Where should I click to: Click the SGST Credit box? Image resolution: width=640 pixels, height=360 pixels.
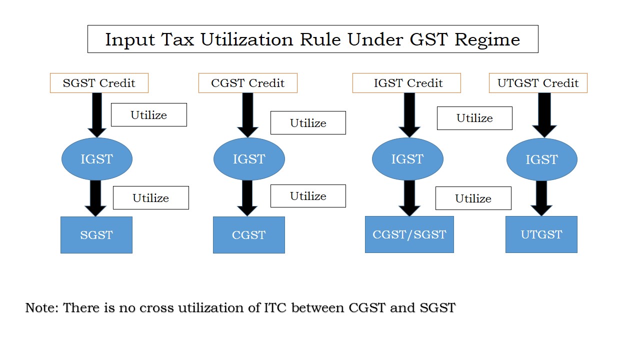(x=99, y=83)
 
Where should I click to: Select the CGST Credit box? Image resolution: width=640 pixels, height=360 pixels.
(x=247, y=83)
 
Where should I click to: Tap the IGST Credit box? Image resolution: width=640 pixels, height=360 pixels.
(x=406, y=83)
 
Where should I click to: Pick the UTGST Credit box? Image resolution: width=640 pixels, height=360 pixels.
(x=538, y=83)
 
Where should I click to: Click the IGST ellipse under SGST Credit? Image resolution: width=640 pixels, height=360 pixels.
(x=97, y=159)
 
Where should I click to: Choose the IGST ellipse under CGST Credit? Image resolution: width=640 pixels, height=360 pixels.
(x=249, y=159)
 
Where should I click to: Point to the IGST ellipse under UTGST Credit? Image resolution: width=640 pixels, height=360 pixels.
(x=541, y=159)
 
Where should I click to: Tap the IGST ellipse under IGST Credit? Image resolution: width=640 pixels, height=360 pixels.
(x=407, y=159)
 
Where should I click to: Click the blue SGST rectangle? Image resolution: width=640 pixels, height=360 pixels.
(x=96, y=235)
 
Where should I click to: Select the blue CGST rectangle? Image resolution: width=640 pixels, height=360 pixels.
(x=249, y=235)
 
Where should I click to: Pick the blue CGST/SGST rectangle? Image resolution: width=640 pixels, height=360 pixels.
(x=409, y=234)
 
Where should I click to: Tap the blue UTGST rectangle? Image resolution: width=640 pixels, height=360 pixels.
(x=541, y=234)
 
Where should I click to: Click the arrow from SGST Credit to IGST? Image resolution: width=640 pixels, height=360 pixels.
(x=97, y=115)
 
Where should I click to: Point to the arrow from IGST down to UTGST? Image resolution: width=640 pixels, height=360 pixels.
(x=541, y=198)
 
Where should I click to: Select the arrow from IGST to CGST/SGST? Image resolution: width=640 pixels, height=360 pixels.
(x=409, y=198)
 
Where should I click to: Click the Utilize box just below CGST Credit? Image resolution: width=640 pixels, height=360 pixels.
(x=308, y=123)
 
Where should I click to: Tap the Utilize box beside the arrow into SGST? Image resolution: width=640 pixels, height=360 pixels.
(x=151, y=197)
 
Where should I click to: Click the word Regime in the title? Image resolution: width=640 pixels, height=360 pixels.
(x=487, y=39)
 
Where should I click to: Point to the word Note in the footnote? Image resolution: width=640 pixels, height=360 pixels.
(x=42, y=307)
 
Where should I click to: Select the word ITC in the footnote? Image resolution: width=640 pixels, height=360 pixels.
(x=275, y=307)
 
